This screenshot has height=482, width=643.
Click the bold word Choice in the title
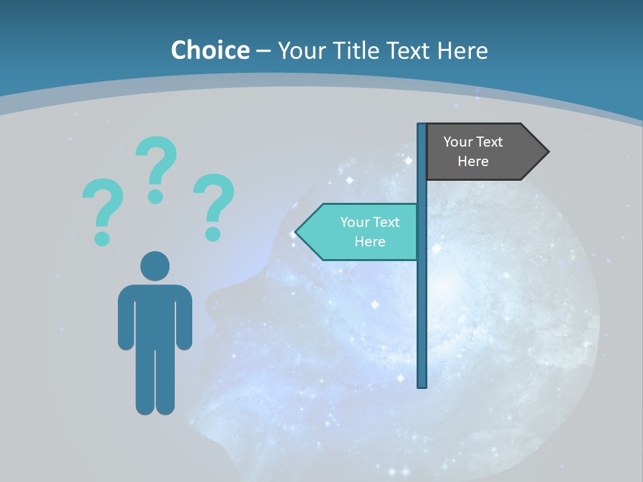(210, 50)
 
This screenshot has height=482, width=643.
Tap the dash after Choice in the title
(263, 52)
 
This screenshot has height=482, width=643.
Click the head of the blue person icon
(155, 266)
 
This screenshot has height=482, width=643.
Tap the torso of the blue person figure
(155, 315)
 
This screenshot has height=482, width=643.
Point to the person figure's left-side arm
(125, 318)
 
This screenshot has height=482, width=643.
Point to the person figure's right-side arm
(184, 318)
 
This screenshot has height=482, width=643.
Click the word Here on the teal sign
(370, 242)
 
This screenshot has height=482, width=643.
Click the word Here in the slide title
(462, 50)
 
